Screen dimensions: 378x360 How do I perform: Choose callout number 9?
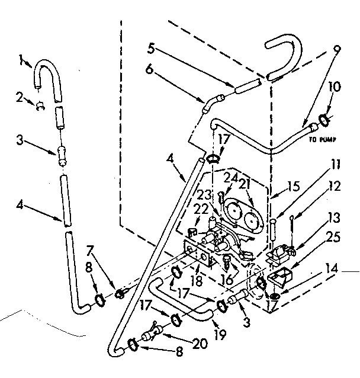(x=337, y=49)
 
